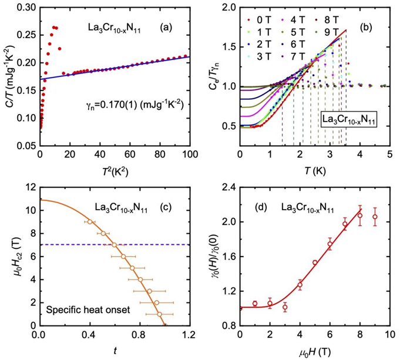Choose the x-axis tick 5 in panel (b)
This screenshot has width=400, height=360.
click(x=389, y=165)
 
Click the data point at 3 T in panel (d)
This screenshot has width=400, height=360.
click(x=285, y=307)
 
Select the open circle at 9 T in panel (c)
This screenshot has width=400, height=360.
click(x=89, y=221)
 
